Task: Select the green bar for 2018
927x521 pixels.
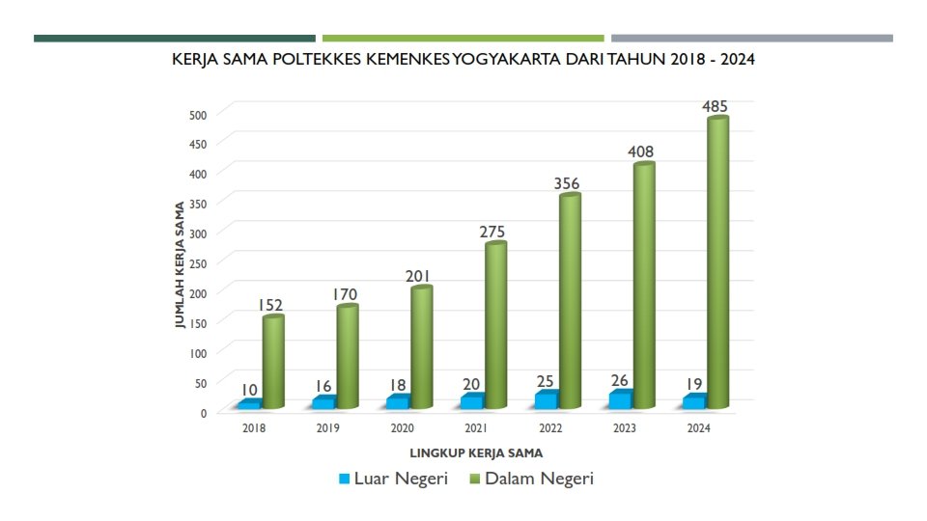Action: click(x=273, y=363)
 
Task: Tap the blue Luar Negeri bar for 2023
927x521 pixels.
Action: click(x=620, y=398)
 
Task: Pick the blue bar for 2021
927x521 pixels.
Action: click(x=472, y=400)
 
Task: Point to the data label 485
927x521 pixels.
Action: click(x=716, y=106)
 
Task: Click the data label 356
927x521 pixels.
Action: click(x=568, y=183)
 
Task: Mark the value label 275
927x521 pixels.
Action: click(x=492, y=232)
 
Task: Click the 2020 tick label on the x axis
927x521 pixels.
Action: click(x=403, y=427)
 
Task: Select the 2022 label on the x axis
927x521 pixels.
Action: click(x=550, y=427)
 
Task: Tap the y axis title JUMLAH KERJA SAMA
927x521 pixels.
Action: click(x=180, y=265)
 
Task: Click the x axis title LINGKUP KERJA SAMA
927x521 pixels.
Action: click(x=476, y=452)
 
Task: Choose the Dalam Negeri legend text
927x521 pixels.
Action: click(x=539, y=479)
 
